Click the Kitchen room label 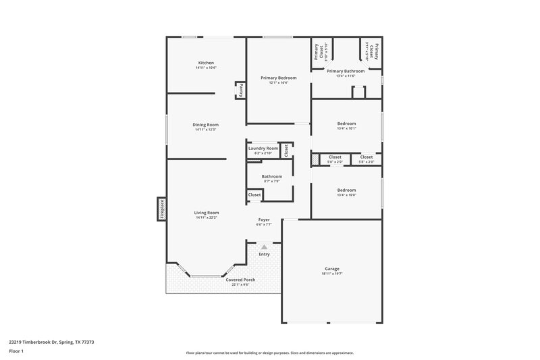pos(206,63)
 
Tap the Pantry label pos(240,90)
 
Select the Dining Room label pos(206,124)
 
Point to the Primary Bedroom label pos(278,78)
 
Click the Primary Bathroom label pos(346,71)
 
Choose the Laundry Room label pos(263,149)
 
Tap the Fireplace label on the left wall pos(162,209)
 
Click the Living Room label pos(207,213)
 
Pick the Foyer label pos(265,220)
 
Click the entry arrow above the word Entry pos(264,248)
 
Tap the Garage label pos(332,269)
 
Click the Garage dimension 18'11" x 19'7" pos(332,274)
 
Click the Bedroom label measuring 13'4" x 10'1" pos(346,124)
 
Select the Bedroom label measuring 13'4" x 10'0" pos(346,190)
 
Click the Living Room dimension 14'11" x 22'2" pos(207,217)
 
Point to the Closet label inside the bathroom pos(254,195)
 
